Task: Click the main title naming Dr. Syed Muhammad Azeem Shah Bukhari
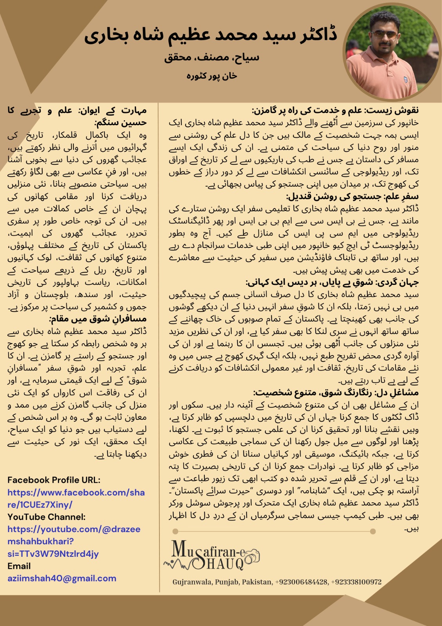tap(211, 35)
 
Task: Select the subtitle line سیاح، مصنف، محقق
tap(211, 58)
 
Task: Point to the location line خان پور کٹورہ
tap(211, 76)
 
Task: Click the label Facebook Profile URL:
tap(54, 480)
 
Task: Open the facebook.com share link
tap(76, 498)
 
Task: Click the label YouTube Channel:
tap(47, 517)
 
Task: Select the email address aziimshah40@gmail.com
tap(62, 578)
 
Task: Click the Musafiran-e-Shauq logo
tap(211, 555)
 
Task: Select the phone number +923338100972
tap(356, 582)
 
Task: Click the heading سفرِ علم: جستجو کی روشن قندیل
tap(352, 196)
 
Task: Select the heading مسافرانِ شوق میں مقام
tap(98, 319)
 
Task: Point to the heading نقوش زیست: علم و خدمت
tap(335, 110)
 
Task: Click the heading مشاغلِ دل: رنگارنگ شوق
tap(336, 392)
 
